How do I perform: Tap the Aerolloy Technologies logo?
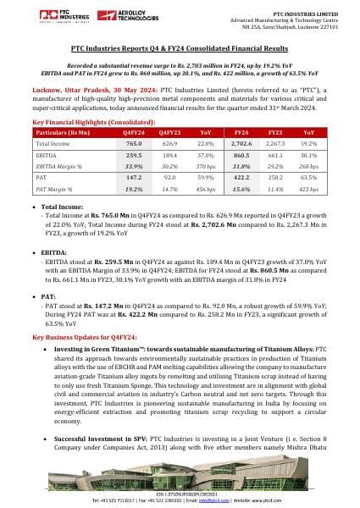(x=95, y=16)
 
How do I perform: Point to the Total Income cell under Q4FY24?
(x=133, y=145)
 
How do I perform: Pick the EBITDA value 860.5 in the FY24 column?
(x=241, y=156)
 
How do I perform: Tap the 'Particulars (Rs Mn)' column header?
(x=63, y=133)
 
